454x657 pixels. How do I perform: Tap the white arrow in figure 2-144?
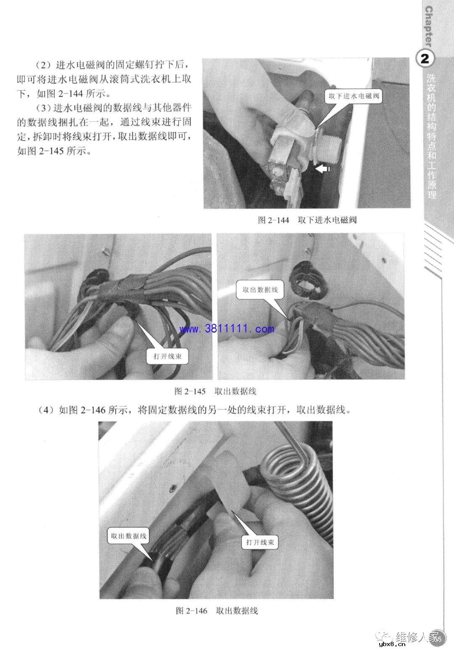323,168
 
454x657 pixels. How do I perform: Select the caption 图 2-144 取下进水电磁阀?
307,220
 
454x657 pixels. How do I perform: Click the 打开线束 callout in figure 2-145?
167,357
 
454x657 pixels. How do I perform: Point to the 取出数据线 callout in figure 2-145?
260,290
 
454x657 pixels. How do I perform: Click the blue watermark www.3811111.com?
227,329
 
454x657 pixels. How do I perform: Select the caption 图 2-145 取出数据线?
215,391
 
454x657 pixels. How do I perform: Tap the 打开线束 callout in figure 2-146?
260,542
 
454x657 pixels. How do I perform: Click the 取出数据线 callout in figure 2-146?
128,536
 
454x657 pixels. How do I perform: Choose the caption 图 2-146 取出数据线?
216,610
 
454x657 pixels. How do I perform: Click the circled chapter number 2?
425,59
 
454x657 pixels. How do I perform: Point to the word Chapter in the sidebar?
428,26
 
